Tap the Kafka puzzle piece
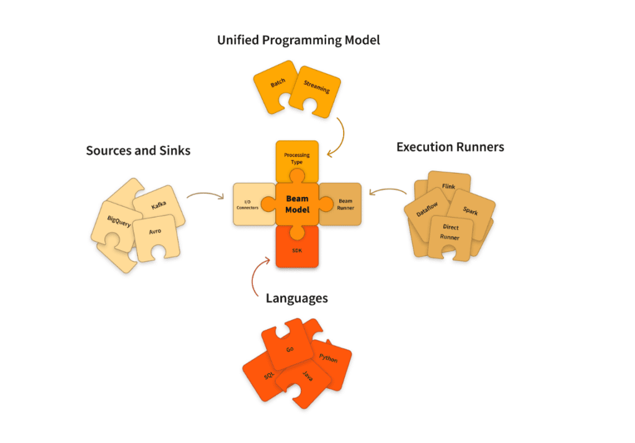tap(159, 205)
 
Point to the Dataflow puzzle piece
tap(426, 213)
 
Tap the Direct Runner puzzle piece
tap(451, 232)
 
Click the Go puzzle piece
tap(290, 349)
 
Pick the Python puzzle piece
tap(329, 359)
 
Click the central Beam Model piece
tap(297, 204)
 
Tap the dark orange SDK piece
tap(297, 249)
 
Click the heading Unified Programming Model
tap(298, 40)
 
